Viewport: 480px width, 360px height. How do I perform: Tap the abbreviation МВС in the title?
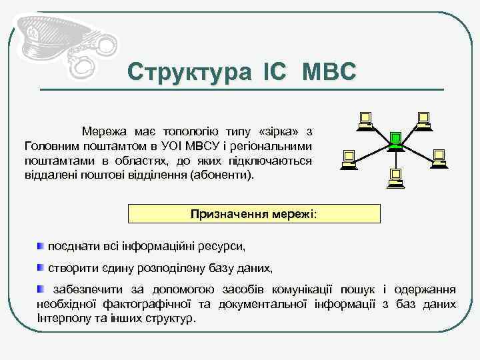click(329, 72)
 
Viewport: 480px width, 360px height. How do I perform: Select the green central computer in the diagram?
click(395, 139)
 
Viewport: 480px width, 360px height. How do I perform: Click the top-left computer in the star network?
click(364, 119)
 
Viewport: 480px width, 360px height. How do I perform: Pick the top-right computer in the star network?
click(423, 119)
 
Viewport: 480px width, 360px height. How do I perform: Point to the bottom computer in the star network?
click(395, 176)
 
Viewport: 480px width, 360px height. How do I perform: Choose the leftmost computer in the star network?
click(348, 158)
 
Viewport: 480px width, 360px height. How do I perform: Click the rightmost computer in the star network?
click(438, 157)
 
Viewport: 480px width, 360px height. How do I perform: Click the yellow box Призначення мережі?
click(254, 214)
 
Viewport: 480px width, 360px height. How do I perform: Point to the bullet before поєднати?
click(41, 247)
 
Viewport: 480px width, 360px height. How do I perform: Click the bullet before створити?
click(41, 268)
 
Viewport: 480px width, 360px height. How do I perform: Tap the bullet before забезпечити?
click(41, 289)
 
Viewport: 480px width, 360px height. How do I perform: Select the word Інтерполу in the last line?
click(61, 318)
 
